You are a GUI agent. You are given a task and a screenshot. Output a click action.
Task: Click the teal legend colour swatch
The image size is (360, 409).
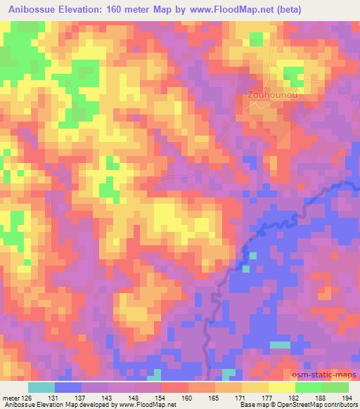pos(41,387)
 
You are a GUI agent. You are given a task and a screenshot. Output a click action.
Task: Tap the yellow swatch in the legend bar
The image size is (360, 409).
pos(281,387)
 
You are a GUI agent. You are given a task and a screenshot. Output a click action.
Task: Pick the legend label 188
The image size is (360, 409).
pos(321,398)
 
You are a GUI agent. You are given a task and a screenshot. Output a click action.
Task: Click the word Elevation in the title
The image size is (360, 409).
pos(79,8)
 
